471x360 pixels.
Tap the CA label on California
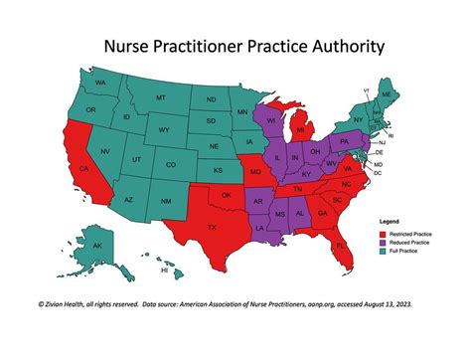click(83, 170)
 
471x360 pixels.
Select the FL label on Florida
click(340, 245)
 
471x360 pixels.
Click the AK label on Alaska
click(97, 245)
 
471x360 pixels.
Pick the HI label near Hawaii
click(164, 270)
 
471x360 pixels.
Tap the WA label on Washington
click(100, 82)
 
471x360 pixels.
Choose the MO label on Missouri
click(254, 171)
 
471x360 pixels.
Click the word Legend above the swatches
click(389, 220)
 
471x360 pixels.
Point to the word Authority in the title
click(338, 46)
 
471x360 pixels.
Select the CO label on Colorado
click(171, 164)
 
